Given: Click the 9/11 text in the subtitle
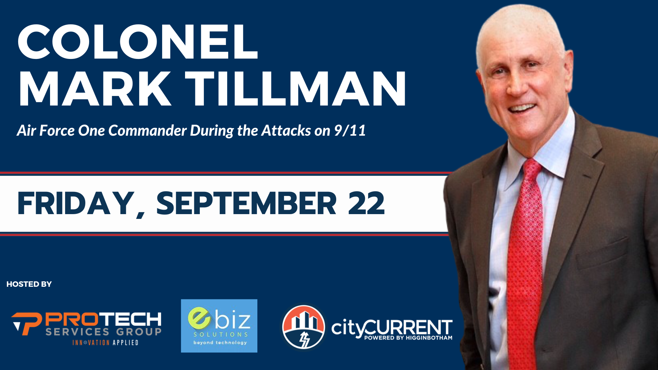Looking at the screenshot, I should pyautogui.click(x=350, y=131).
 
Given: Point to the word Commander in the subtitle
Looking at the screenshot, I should pyautogui.click(x=147, y=131).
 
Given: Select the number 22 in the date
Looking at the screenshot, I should pyautogui.click(x=366, y=203).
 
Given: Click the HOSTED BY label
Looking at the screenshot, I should pyautogui.click(x=29, y=284).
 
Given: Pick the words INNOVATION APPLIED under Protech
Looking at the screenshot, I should pyautogui.click(x=105, y=343).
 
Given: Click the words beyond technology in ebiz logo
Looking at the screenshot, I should pyautogui.click(x=220, y=343).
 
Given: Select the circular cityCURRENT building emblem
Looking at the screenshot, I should pyautogui.click(x=303, y=327).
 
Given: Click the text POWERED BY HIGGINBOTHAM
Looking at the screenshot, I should pyautogui.click(x=408, y=338).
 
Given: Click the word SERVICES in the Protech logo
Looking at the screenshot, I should pyautogui.click(x=77, y=332).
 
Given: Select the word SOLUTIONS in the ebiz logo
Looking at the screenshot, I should pyautogui.click(x=221, y=334).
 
